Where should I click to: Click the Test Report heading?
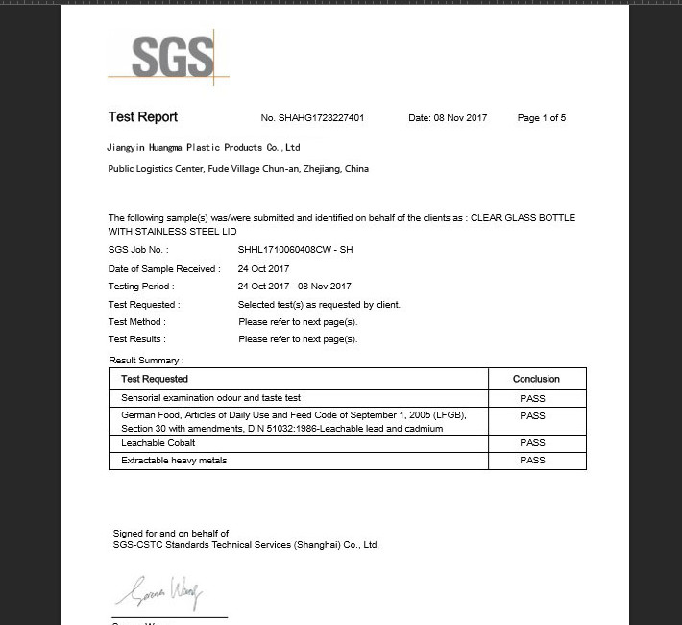tap(142, 117)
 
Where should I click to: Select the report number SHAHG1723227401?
tap(312, 118)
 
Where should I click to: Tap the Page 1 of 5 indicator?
tap(541, 118)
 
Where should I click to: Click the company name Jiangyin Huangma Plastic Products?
tap(203, 148)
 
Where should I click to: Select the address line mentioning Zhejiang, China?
tap(237, 169)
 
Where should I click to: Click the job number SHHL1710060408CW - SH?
tap(296, 250)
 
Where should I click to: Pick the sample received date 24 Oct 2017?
tap(263, 268)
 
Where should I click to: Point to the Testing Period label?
tap(140, 287)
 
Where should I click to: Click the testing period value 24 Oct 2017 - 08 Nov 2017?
tap(294, 287)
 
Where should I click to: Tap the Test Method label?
tap(136, 322)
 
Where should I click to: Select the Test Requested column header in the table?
tap(154, 379)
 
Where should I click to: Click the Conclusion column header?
tap(535, 379)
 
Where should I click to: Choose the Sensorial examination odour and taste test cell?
tap(210, 398)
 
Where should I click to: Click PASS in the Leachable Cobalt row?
tap(532, 443)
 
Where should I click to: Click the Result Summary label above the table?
tap(145, 361)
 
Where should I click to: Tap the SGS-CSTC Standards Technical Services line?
tap(246, 545)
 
